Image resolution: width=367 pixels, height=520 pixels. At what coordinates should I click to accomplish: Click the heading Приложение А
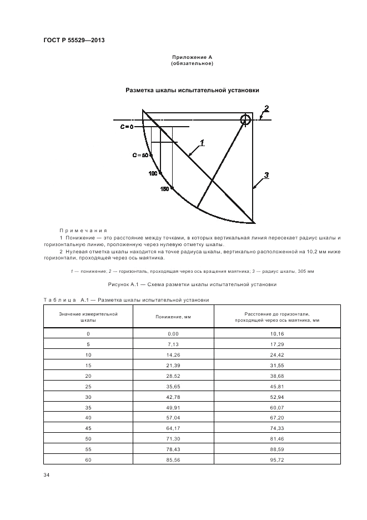[x=192, y=57]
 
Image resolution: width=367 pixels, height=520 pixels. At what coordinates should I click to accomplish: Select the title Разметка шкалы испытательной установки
[x=192, y=90]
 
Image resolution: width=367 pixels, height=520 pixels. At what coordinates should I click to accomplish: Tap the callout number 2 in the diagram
[x=267, y=108]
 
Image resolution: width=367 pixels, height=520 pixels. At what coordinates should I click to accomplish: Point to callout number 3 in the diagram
[x=267, y=176]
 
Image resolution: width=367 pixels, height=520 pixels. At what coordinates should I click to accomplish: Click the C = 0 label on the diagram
[x=127, y=127]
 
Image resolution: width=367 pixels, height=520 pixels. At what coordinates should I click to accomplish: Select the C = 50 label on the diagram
[x=140, y=156]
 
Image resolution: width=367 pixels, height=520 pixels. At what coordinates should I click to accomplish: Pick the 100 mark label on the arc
[x=153, y=174]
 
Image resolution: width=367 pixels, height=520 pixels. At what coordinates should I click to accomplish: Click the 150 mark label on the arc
[x=165, y=189]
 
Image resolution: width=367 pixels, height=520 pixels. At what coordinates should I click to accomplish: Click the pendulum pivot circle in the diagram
[x=245, y=119]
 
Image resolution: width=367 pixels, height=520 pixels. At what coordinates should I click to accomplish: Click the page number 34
[x=46, y=475]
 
